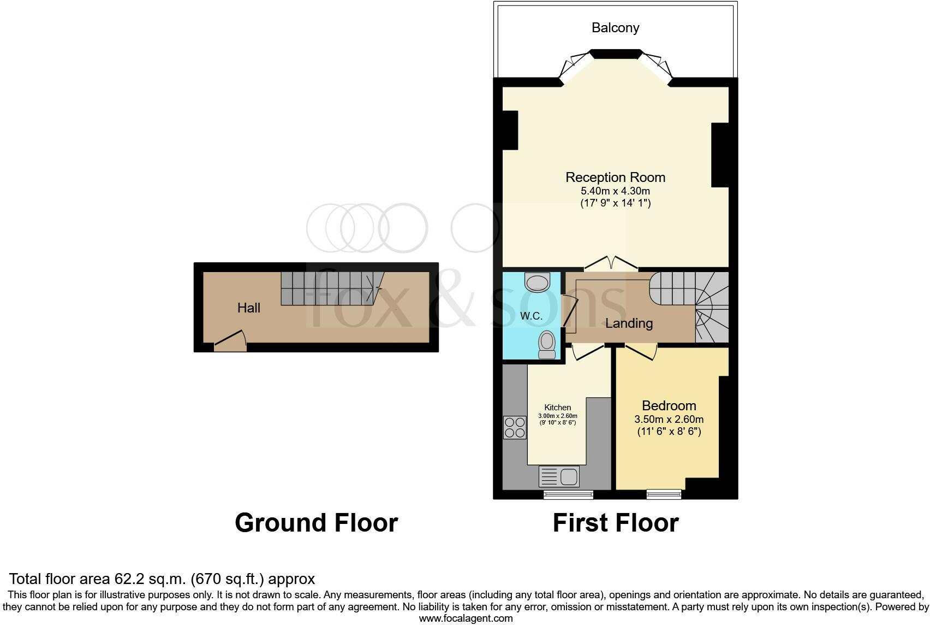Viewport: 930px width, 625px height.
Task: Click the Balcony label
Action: tap(615, 28)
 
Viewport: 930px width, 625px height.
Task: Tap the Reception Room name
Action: tap(615, 178)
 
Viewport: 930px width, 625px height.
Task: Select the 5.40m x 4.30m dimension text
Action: tap(615, 191)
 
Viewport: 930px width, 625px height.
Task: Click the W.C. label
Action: tap(531, 316)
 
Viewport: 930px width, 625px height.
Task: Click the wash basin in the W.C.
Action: tap(538, 282)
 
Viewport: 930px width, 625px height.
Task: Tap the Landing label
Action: tap(629, 323)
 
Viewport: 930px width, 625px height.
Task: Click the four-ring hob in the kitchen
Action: tap(515, 427)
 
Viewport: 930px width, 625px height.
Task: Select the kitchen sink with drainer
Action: tap(559, 476)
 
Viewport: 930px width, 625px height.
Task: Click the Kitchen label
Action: tap(557, 408)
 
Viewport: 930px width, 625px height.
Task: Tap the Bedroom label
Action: tap(669, 406)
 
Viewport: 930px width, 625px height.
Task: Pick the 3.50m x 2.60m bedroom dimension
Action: tap(669, 420)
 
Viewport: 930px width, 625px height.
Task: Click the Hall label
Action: tap(248, 308)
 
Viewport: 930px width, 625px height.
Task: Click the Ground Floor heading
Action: tap(316, 523)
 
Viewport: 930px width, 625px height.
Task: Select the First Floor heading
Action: tap(615, 523)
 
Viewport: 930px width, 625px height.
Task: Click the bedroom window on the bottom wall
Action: tap(664, 494)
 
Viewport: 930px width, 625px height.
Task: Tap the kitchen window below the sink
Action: tap(568, 494)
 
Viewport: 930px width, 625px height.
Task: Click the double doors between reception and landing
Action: tap(611, 264)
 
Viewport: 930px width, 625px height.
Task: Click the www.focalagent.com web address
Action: tap(466, 618)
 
